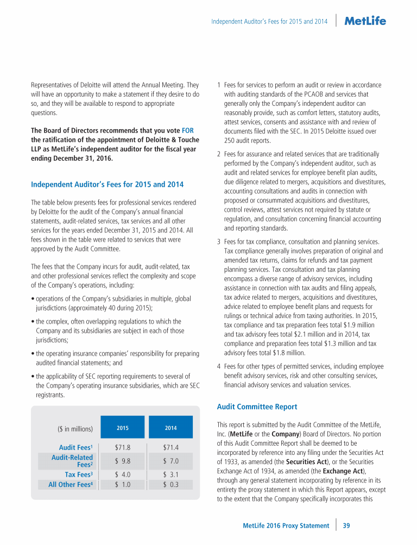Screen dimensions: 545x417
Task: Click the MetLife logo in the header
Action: click(x=365, y=21)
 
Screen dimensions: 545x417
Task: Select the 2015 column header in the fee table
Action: click(x=123, y=428)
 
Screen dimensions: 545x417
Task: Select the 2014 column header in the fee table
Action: click(x=170, y=428)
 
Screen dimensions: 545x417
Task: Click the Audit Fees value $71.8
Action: click(x=123, y=448)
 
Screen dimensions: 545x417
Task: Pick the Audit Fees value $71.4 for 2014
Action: click(x=170, y=448)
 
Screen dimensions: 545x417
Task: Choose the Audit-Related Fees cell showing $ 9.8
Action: click(x=123, y=461)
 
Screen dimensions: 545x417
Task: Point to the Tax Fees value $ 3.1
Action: click(x=170, y=475)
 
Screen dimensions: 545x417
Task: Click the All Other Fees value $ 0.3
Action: click(x=170, y=485)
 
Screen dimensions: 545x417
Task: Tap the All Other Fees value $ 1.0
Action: click(x=123, y=485)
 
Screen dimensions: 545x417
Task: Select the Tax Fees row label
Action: click(x=77, y=475)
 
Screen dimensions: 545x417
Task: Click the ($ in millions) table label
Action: click(x=75, y=429)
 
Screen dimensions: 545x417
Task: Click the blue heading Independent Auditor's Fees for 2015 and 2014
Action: click(x=107, y=185)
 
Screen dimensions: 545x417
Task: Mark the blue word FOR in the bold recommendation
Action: click(x=187, y=130)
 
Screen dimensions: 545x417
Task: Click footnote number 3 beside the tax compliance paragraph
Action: click(x=218, y=242)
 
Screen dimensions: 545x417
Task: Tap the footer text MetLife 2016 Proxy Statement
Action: click(x=286, y=525)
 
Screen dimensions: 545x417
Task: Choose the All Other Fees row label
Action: click(x=70, y=485)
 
